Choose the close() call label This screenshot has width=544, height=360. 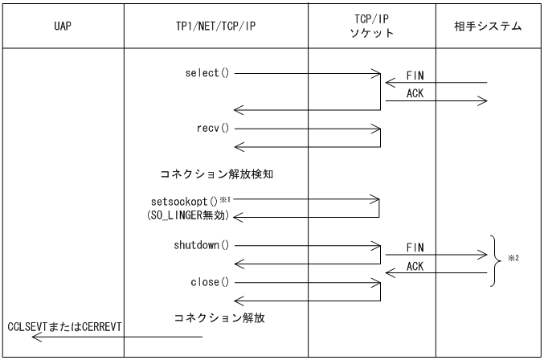click(208, 282)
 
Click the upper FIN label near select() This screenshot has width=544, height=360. click(415, 74)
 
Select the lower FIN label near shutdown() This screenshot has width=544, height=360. click(415, 247)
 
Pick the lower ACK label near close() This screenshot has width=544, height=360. click(416, 265)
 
